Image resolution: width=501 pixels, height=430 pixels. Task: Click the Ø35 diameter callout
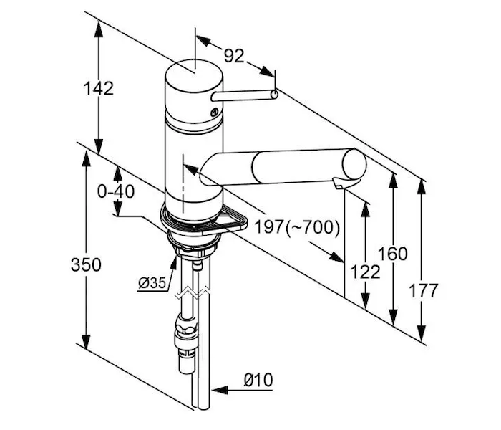152,282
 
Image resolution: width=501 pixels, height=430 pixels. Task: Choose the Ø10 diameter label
258,380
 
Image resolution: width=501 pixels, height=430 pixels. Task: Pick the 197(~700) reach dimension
296,228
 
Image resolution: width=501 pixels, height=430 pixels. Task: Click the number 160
392,254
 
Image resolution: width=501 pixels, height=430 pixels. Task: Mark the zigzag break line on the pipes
193,291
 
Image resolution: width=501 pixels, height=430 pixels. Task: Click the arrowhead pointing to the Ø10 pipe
219,391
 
